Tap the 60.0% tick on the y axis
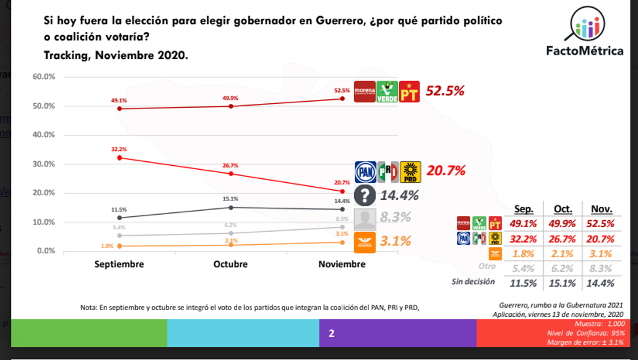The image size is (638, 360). point(44,77)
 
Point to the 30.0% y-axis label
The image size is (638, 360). point(44,164)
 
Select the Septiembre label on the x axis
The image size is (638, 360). point(119,264)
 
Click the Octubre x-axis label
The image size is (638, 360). point(230,264)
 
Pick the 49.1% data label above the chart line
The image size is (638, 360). point(119,100)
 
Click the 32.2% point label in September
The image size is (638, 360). point(119,149)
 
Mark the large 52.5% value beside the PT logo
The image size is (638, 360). point(446,91)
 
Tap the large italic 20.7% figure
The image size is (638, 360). point(446,170)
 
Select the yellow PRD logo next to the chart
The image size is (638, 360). point(410,171)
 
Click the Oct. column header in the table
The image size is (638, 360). point(563,208)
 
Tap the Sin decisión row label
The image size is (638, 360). point(473,282)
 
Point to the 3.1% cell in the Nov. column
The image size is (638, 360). point(601,254)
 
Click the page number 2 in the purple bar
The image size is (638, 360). point(331,334)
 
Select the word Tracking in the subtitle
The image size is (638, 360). point(66,56)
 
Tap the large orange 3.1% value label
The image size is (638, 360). point(394,241)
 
